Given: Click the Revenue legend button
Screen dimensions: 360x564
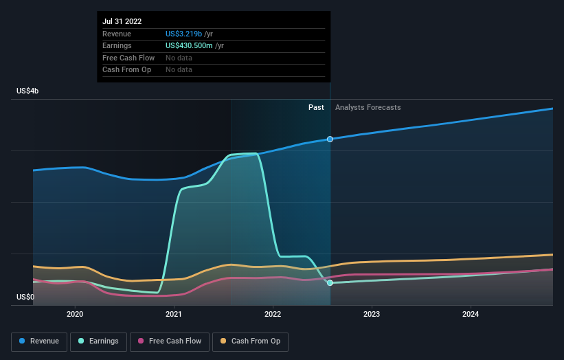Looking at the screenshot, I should coord(40,341).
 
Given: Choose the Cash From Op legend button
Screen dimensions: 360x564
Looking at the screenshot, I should coord(251,341).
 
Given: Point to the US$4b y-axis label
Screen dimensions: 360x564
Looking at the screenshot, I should coord(28,91).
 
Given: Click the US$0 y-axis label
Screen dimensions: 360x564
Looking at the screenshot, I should coord(25,297).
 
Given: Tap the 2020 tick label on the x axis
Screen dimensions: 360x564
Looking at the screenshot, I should coord(75,315).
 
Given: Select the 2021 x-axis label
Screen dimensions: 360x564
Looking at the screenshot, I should coord(174,315).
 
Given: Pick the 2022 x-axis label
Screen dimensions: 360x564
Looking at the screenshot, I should coord(273,315).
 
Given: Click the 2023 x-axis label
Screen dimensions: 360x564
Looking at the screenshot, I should coord(372,315).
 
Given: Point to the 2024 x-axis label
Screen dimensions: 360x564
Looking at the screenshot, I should coord(471,315).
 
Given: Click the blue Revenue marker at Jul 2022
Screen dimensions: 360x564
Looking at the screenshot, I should coord(330,139).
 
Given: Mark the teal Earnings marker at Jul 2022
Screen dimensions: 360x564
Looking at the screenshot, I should coord(330,282).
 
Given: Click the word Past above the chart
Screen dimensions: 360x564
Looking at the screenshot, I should coord(316,107).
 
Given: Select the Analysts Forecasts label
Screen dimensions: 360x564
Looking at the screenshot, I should coord(368,107).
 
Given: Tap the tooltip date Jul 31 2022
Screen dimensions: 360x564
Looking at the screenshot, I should coord(122,21).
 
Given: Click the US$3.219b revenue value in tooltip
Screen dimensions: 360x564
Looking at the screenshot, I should coord(184,34).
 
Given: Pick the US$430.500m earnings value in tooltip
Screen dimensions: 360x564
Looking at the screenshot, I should coord(190,45).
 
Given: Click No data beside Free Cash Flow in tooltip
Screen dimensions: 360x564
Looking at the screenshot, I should coord(179,58).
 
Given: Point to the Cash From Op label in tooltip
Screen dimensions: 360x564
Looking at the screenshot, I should coord(126,69).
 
